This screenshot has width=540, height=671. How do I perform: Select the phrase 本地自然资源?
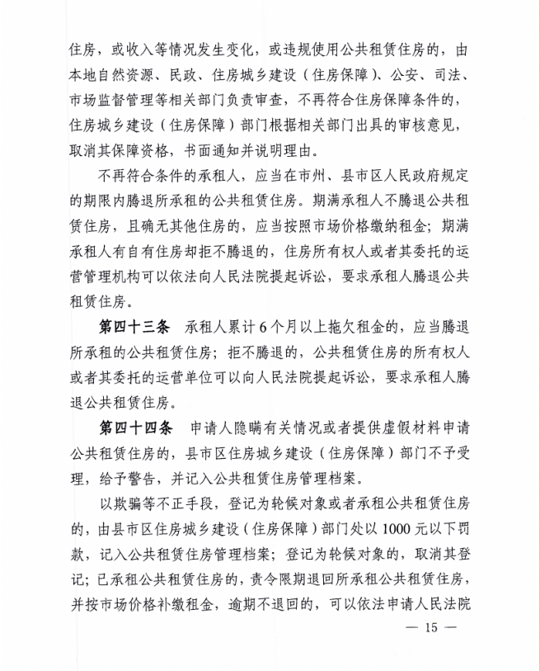(115, 79)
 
